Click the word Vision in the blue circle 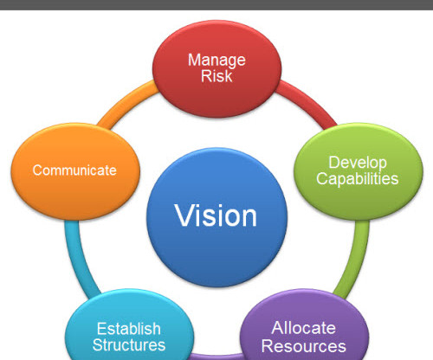pyautogui.click(x=216, y=215)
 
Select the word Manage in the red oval pyautogui.click(x=216, y=61)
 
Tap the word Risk pyautogui.click(x=216, y=76)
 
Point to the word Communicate pyautogui.click(x=74, y=170)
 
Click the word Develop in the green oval pyautogui.click(x=358, y=164)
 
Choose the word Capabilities pyautogui.click(x=358, y=179)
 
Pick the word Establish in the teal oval pyautogui.click(x=129, y=329)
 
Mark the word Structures pyautogui.click(x=129, y=344)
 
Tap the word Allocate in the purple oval pyautogui.click(x=303, y=328)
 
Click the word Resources pyautogui.click(x=303, y=346)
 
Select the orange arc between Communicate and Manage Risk pyautogui.click(x=125, y=105)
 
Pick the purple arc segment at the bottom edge pyautogui.click(x=216, y=357)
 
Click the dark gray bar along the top pyautogui.click(x=216, y=5)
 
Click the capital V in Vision pyautogui.click(x=185, y=215)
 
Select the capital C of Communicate pyautogui.click(x=38, y=170)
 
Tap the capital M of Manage pyautogui.click(x=194, y=60)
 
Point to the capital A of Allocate pyautogui.click(x=278, y=328)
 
